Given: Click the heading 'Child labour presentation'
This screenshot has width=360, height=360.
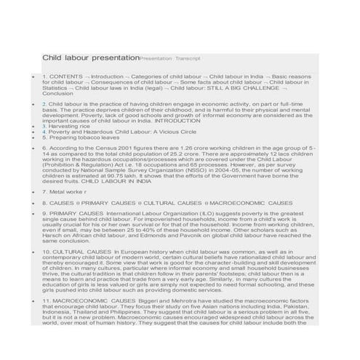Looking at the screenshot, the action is coord(90,57).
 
